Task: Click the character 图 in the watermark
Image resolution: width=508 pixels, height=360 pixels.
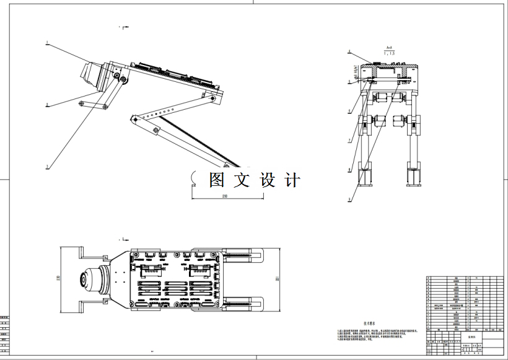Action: [217, 180]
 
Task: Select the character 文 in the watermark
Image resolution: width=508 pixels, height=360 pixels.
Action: [242, 180]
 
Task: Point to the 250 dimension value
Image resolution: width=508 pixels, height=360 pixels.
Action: [225, 196]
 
